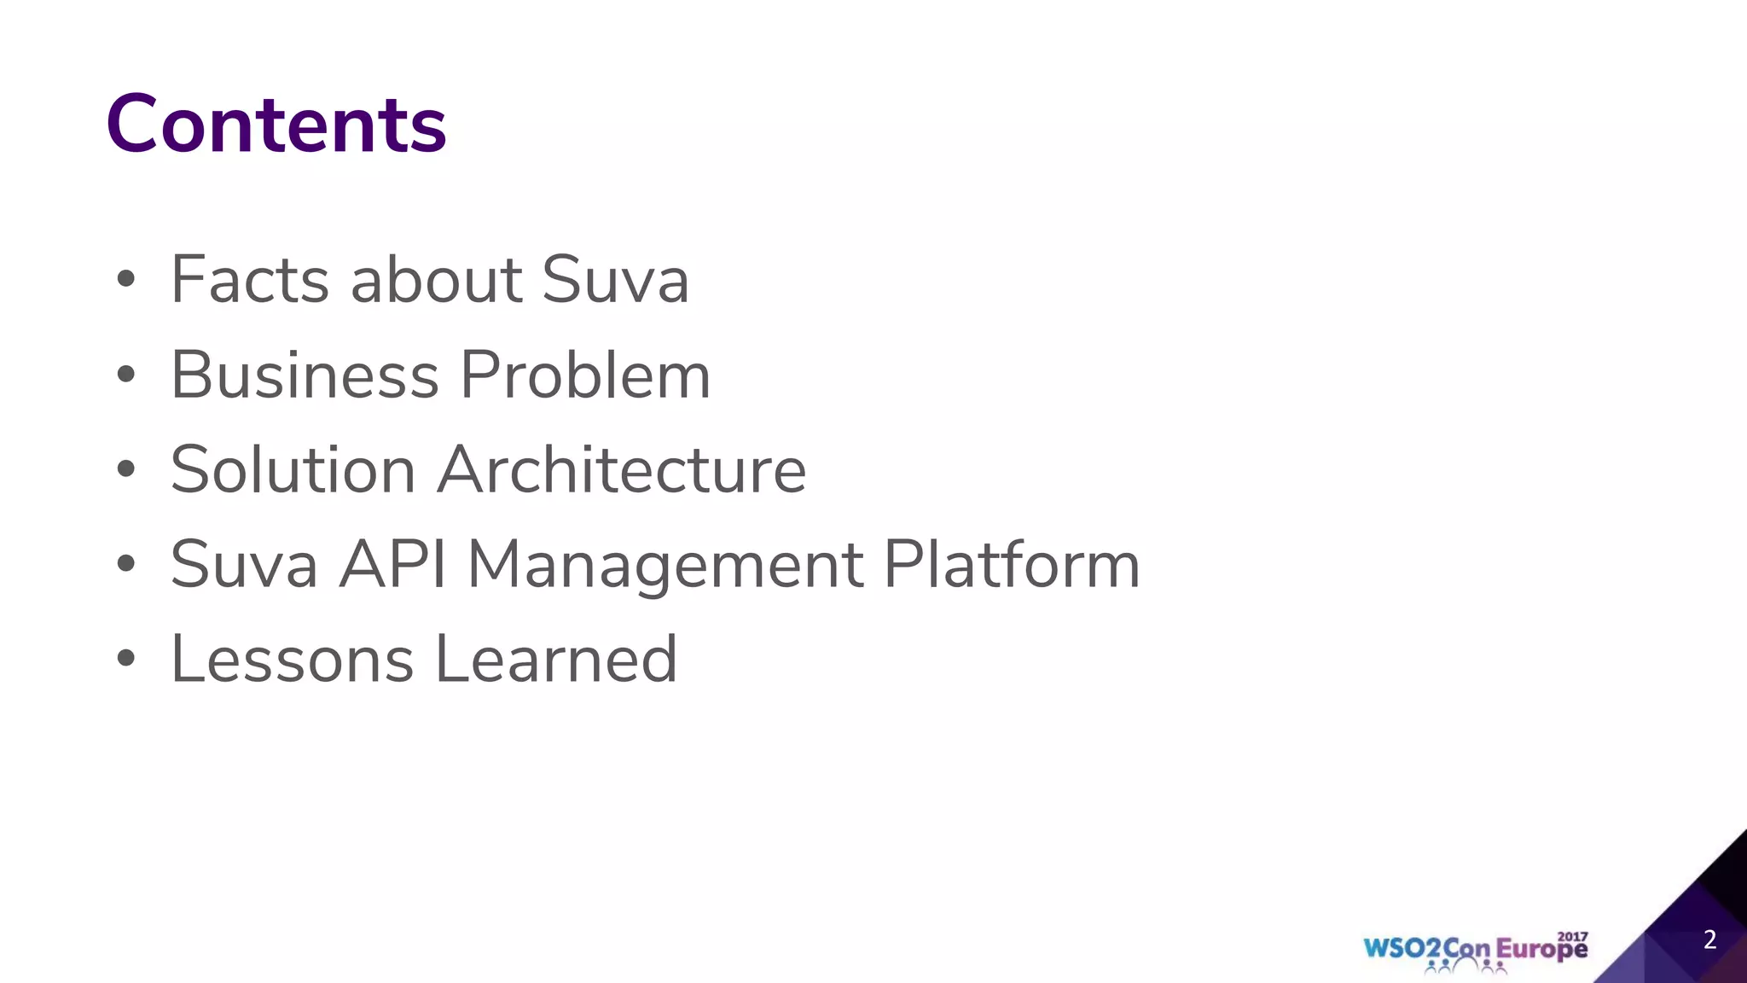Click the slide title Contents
click(x=276, y=125)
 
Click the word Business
click(x=305, y=375)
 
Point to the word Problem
click(x=585, y=375)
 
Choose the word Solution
click(x=293, y=470)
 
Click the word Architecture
click(x=622, y=470)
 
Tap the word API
click(x=392, y=565)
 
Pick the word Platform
click(x=1011, y=565)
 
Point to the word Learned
click(x=556, y=660)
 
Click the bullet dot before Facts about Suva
click(x=126, y=279)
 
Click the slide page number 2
click(x=1709, y=939)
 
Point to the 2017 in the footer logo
click(x=1572, y=937)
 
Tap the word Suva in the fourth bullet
click(x=244, y=565)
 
